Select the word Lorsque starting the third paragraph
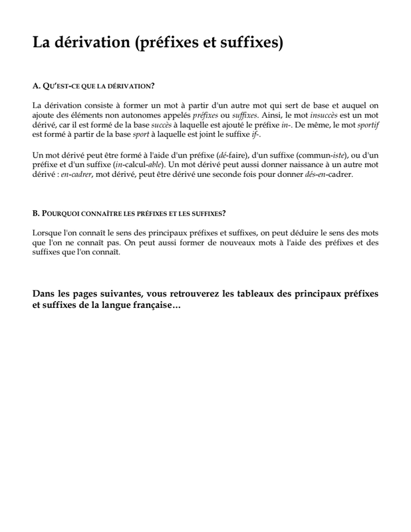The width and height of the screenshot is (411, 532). (x=47, y=234)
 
